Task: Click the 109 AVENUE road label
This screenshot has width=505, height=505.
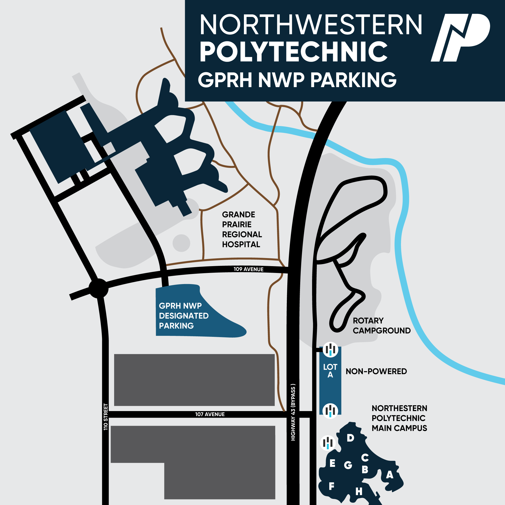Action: coord(248,269)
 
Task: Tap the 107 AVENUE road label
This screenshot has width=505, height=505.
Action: coord(210,414)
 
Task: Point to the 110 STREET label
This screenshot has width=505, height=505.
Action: coord(106,417)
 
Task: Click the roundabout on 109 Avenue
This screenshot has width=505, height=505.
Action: coord(98,288)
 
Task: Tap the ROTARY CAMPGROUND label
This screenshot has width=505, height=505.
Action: coord(381,326)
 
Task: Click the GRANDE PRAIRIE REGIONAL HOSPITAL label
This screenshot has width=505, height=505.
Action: coord(242,230)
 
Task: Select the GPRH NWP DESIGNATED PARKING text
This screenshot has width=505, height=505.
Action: coord(184,316)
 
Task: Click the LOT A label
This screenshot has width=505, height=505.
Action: coord(330,371)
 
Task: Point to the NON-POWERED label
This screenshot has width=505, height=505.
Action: coord(376,371)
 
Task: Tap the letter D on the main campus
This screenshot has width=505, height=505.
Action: coord(350,438)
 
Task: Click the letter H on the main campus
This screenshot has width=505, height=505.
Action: coord(359,492)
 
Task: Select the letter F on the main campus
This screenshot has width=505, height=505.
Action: coord(332,486)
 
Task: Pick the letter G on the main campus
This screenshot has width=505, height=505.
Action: coord(348,465)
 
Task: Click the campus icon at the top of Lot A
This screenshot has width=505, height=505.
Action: coord(330,349)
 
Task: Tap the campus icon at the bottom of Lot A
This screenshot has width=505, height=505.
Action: coord(330,411)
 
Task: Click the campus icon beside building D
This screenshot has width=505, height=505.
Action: coord(328,443)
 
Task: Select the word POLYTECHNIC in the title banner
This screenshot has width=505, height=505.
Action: coord(293,52)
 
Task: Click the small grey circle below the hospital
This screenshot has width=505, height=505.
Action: coord(181,243)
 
